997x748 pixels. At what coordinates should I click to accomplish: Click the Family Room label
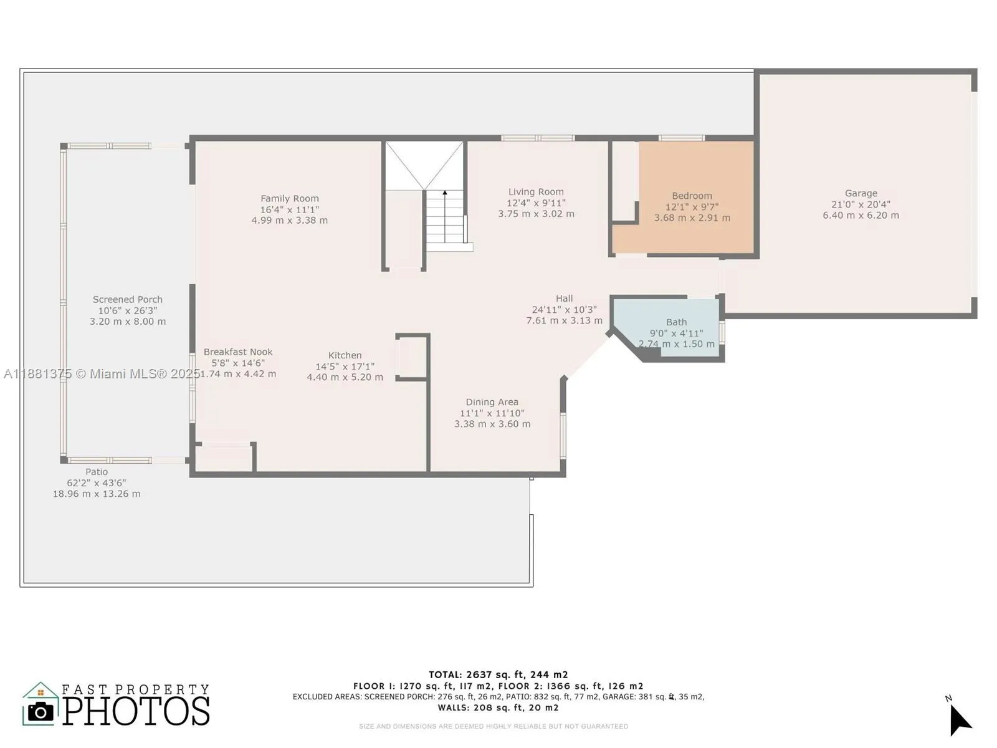pos(289,198)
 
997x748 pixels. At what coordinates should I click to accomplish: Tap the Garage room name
pos(861,193)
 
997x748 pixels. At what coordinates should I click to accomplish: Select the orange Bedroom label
pos(692,196)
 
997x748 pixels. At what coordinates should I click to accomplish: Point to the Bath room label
pos(676,322)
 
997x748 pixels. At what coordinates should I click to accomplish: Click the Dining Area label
pos(492,402)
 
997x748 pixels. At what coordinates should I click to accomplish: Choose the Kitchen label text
pos(345,355)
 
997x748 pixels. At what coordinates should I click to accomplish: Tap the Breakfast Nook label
pos(238,352)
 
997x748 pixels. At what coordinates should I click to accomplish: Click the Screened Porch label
pos(128,300)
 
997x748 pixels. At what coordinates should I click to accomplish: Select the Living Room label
pos(536,192)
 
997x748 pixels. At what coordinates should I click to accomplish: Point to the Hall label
pos(564,299)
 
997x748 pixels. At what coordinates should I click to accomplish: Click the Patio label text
pos(97,472)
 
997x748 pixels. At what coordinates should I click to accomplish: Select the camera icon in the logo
pos(41,711)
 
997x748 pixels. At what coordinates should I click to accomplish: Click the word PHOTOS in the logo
pos(136,711)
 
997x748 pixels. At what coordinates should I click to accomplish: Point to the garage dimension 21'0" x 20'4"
pos(861,204)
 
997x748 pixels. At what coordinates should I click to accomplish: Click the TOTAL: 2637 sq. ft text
pos(499,675)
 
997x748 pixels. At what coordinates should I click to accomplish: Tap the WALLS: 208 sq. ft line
pos(499,707)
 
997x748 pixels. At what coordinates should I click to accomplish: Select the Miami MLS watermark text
pos(102,374)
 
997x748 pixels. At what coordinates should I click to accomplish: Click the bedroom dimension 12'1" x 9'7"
pos(692,207)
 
